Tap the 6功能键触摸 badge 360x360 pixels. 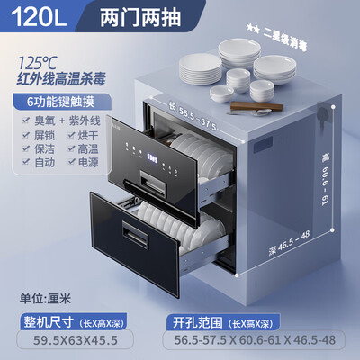click(58, 104)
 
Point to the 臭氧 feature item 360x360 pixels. click(42, 121)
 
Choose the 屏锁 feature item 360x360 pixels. click(42, 136)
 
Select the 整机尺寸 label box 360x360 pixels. click(45, 320)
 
